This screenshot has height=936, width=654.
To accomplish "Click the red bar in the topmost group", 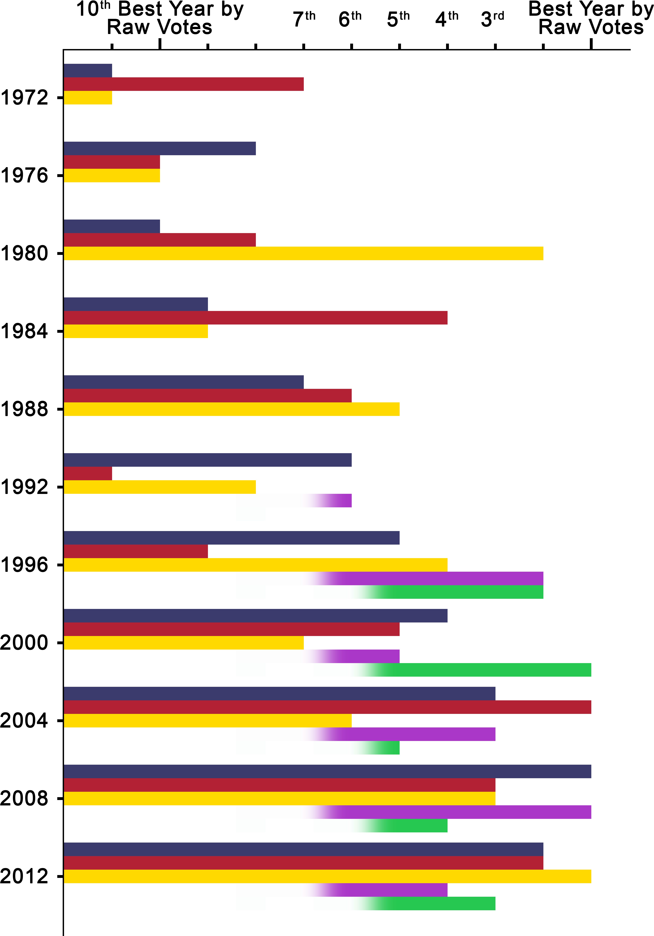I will [x=183, y=84].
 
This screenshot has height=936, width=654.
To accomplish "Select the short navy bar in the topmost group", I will [x=88, y=71].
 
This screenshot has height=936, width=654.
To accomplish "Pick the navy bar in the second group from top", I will [x=160, y=148].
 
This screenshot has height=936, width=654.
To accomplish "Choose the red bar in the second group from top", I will [x=112, y=162].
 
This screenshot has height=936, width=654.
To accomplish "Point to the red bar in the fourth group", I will [x=255, y=318].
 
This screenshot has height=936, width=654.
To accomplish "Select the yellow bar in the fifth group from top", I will [x=231, y=409].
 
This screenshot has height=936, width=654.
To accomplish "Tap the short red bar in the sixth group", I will [x=88, y=473].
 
